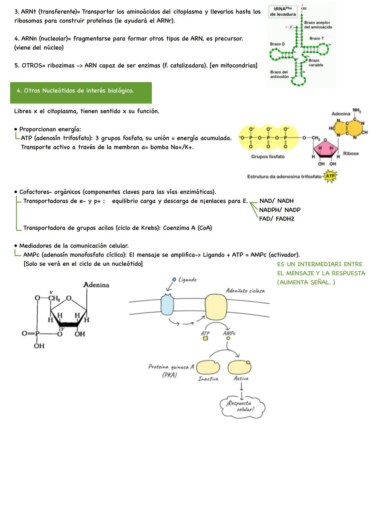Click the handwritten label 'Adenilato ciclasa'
pos(245,291)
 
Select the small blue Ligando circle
pos(174,279)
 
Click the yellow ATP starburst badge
pos(330,176)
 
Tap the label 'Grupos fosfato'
pos(268,157)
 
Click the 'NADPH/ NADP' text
pos(279,210)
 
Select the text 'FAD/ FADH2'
pos(276,219)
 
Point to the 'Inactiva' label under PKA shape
pos(208,379)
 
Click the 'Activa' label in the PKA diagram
pos(241,378)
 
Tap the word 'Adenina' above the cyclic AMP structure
pos(96,285)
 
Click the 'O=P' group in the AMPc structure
pos(30,333)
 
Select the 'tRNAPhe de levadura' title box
pos(283,11)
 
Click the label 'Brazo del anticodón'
pos(279,74)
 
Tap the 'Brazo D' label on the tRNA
pos(277,44)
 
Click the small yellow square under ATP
pos(205,339)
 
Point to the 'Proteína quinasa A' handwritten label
pos(171,367)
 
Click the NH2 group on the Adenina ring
pos(356,110)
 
